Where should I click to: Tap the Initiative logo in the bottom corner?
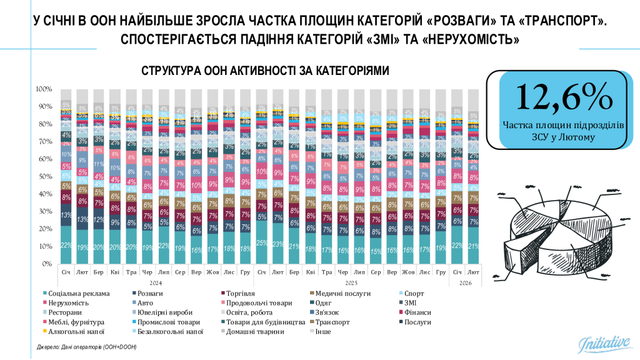(605, 342)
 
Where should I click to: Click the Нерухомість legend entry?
(72, 302)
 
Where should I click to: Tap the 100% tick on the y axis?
(44, 89)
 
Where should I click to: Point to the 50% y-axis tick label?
(46, 177)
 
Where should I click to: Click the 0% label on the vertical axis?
(47, 264)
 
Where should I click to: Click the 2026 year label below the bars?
(464, 282)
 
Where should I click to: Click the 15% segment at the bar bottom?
(376, 251)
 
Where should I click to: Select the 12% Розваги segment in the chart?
(99, 220)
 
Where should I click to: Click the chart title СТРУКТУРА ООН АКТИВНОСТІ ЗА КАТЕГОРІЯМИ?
(265, 71)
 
